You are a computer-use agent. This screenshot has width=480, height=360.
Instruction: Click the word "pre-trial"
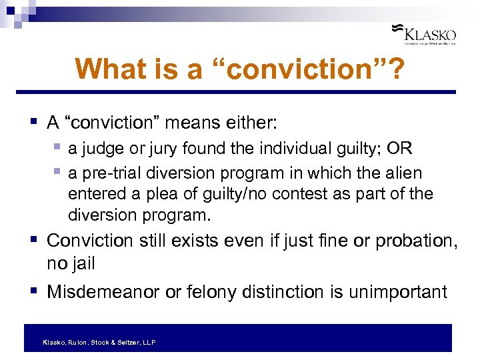point(108,173)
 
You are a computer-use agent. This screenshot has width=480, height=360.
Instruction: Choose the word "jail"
point(80,263)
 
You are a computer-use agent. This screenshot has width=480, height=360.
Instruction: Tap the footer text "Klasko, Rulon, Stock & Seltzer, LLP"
point(99,342)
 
